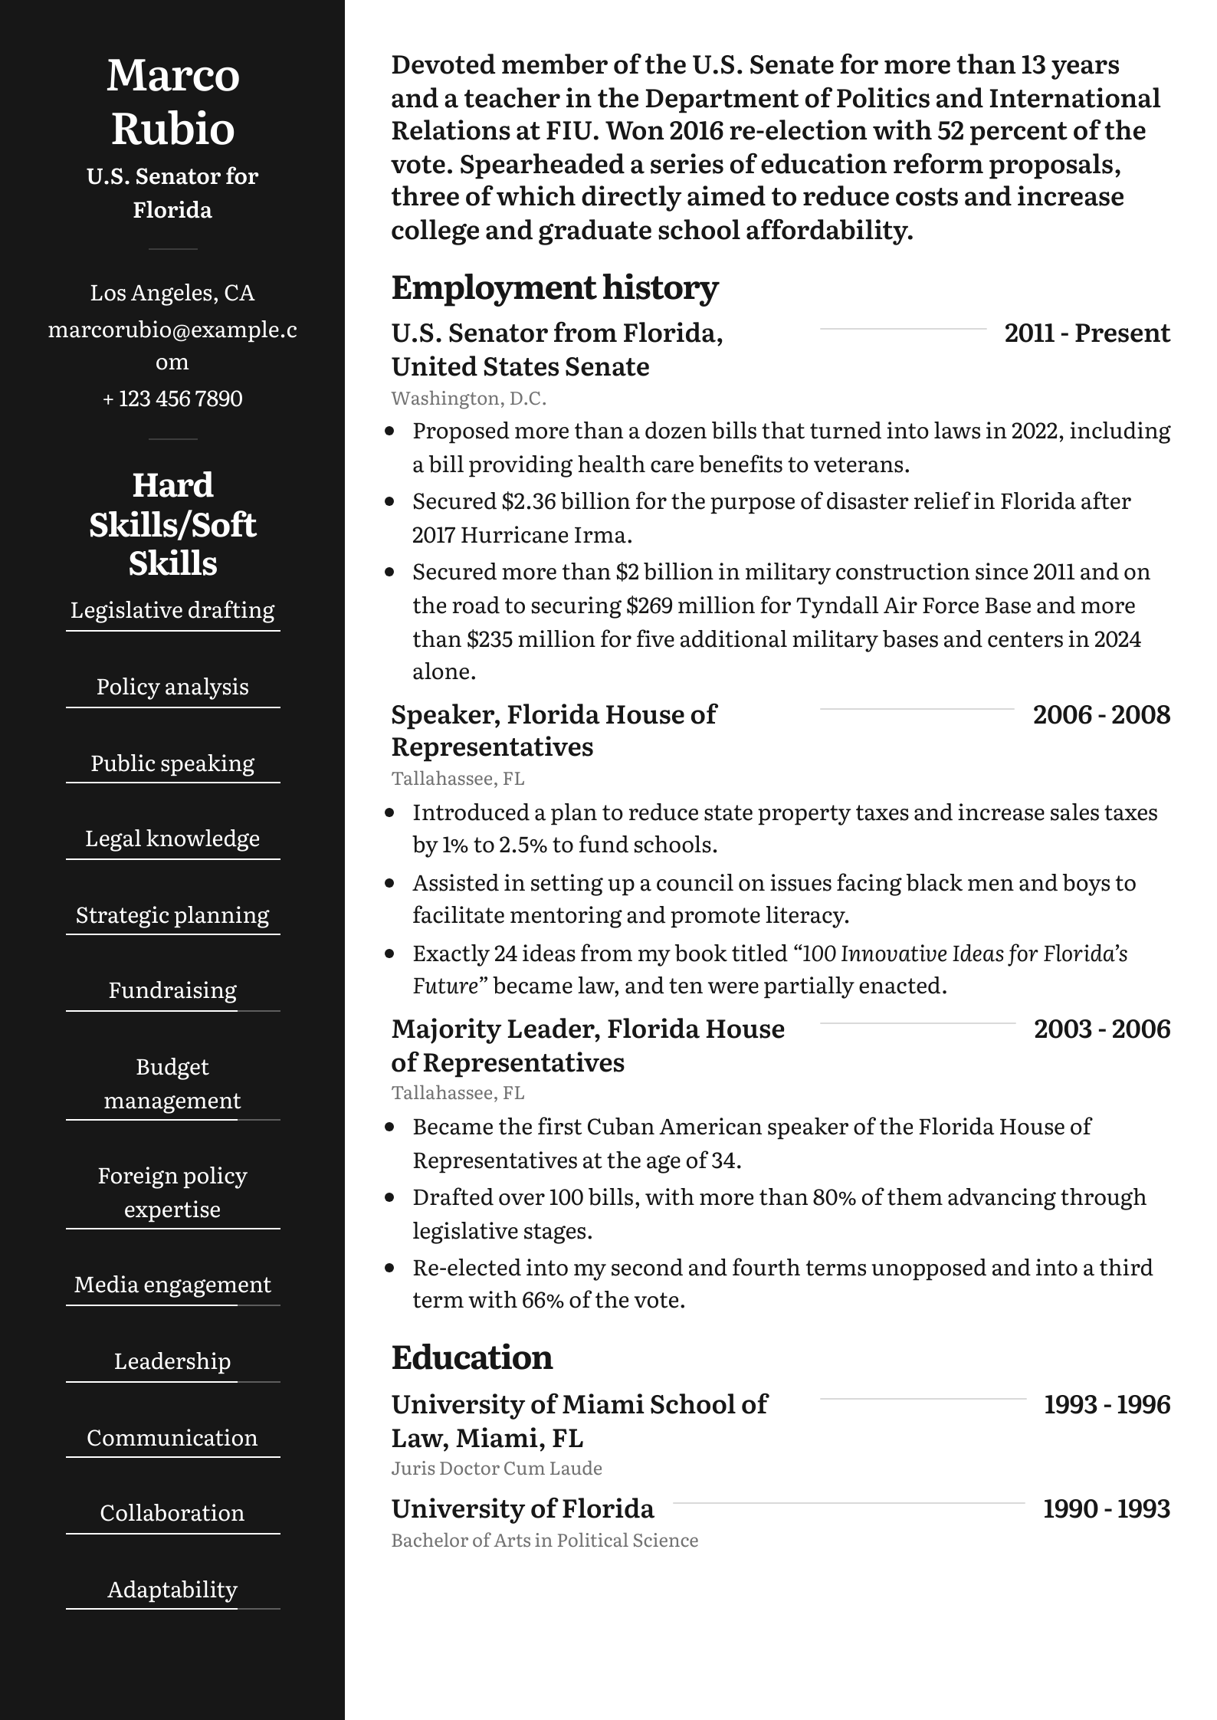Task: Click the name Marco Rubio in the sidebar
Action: click(172, 101)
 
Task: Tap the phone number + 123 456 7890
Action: click(172, 399)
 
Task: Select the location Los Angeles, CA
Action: click(172, 293)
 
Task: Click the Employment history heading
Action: click(554, 287)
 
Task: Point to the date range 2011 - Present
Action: click(1087, 333)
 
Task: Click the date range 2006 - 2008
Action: click(1101, 714)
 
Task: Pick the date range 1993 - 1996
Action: click(1107, 1404)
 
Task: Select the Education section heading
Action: click(471, 1357)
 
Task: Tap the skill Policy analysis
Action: click(172, 687)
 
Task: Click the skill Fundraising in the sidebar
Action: click(172, 990)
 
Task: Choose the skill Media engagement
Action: click(172, 1285)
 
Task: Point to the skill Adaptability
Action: click(172, 1590)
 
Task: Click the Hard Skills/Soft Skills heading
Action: click(172, 524)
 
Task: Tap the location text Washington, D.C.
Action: click(468, 399)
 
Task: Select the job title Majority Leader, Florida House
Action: click(588, 1029)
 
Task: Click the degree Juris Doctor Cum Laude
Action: click(497, 1469)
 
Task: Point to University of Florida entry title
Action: click(523, 1509)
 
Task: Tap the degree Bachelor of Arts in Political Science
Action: click(544, 1541)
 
